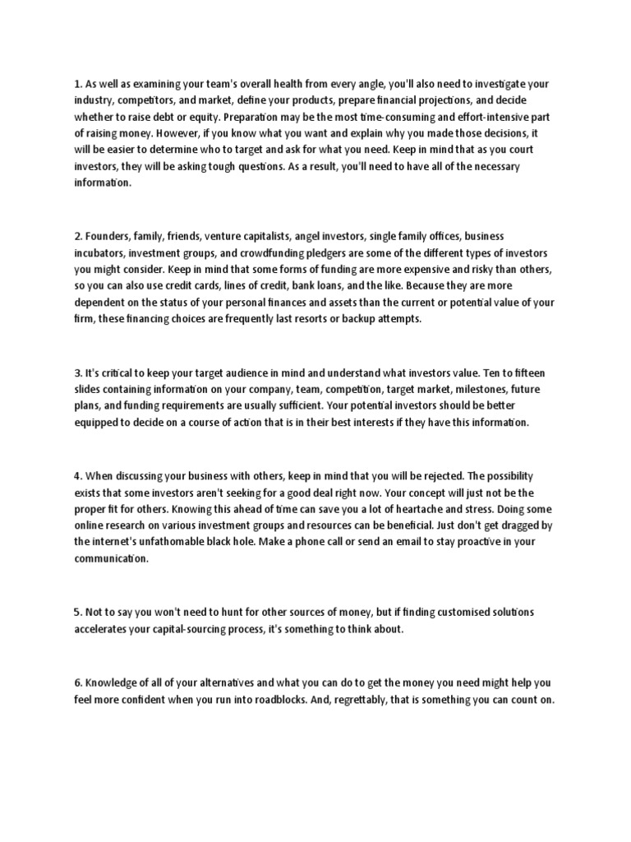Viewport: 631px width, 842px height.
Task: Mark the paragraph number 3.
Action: [x=76, y=372]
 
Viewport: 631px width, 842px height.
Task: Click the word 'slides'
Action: [x=88, y=389]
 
